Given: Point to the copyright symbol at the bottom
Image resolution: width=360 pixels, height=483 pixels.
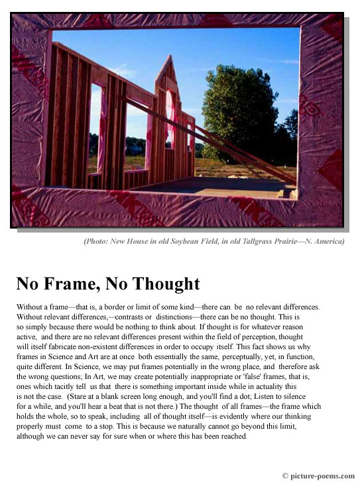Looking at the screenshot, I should click(x=285, y=476).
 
